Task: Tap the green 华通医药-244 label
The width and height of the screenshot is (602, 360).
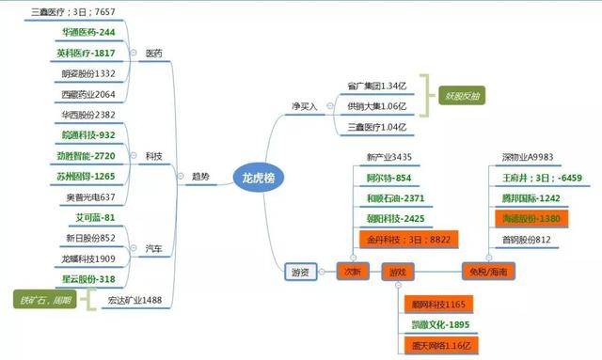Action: pyautogui.click(x=87, y=32)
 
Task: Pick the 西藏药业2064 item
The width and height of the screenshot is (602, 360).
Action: pyautogui.click(x=88, y=94)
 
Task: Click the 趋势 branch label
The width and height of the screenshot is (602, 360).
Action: pyautogui.click(x=200, y=176)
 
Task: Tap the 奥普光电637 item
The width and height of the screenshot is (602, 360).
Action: pyautogui.click(x=88, y=196)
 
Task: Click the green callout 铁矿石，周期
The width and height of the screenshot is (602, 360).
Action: pyautogui.click(x=41, y=301)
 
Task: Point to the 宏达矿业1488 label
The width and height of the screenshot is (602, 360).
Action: pyautogui.click(x=135, y=300)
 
